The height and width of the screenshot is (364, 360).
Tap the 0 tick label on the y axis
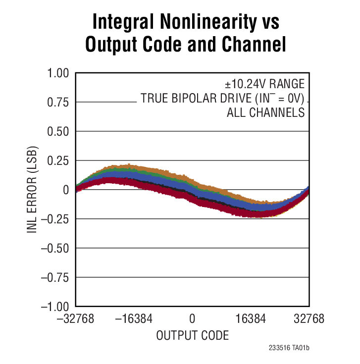coord(65,190)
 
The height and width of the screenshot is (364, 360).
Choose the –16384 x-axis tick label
coord(134,319)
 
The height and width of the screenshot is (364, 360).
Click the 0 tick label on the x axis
coord(193,319)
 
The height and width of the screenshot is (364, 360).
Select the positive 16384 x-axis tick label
coord(251,319)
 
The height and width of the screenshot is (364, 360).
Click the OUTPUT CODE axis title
coord(193,336)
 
